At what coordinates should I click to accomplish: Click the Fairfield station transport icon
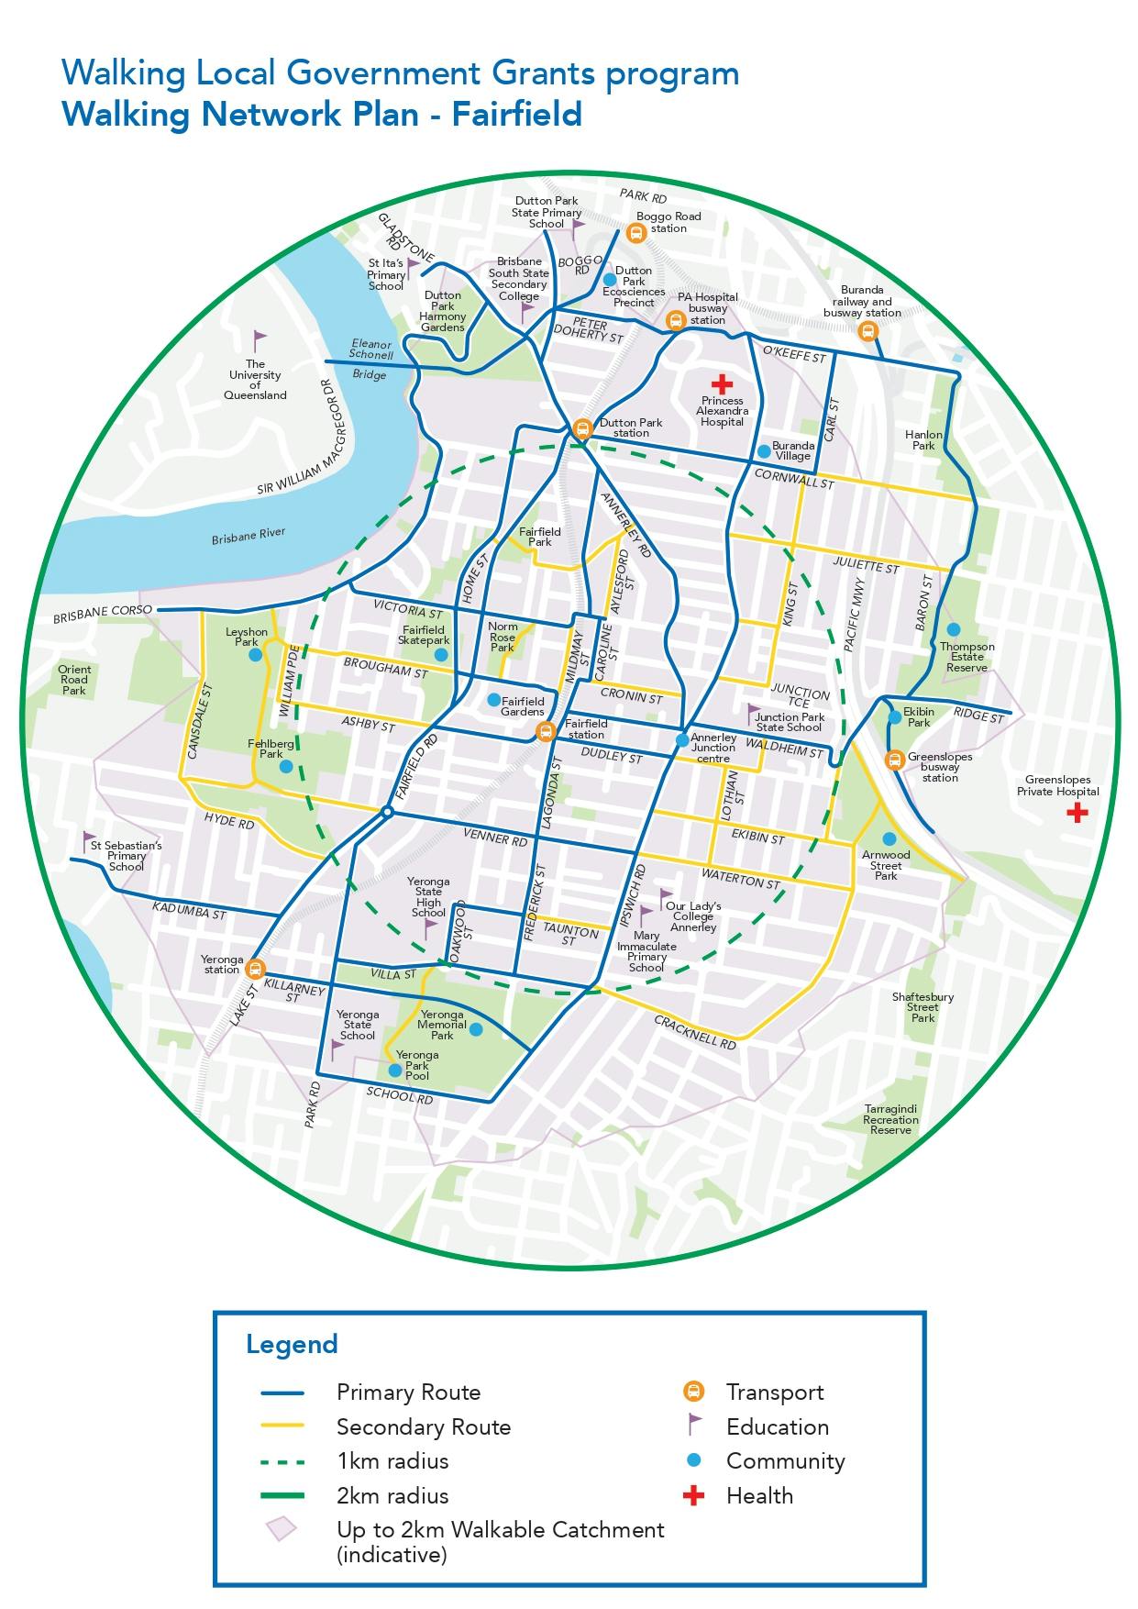545,731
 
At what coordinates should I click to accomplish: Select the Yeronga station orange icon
255,967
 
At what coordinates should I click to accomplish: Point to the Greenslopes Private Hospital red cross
1077,812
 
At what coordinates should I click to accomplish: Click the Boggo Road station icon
635,233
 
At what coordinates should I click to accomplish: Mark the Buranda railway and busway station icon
867,331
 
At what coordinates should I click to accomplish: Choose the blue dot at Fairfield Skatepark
441,655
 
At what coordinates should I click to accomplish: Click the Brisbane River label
249,537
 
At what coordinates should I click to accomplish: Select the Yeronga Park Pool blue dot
394,1070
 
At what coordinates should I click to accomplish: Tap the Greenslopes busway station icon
894,760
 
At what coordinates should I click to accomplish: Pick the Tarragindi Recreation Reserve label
890,1119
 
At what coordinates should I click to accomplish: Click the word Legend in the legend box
292,1345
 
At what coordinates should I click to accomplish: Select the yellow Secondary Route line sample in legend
282,1426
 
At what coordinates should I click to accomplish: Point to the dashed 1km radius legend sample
282,1461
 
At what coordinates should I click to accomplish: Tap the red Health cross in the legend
694,1496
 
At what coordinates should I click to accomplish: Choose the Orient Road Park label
74,680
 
